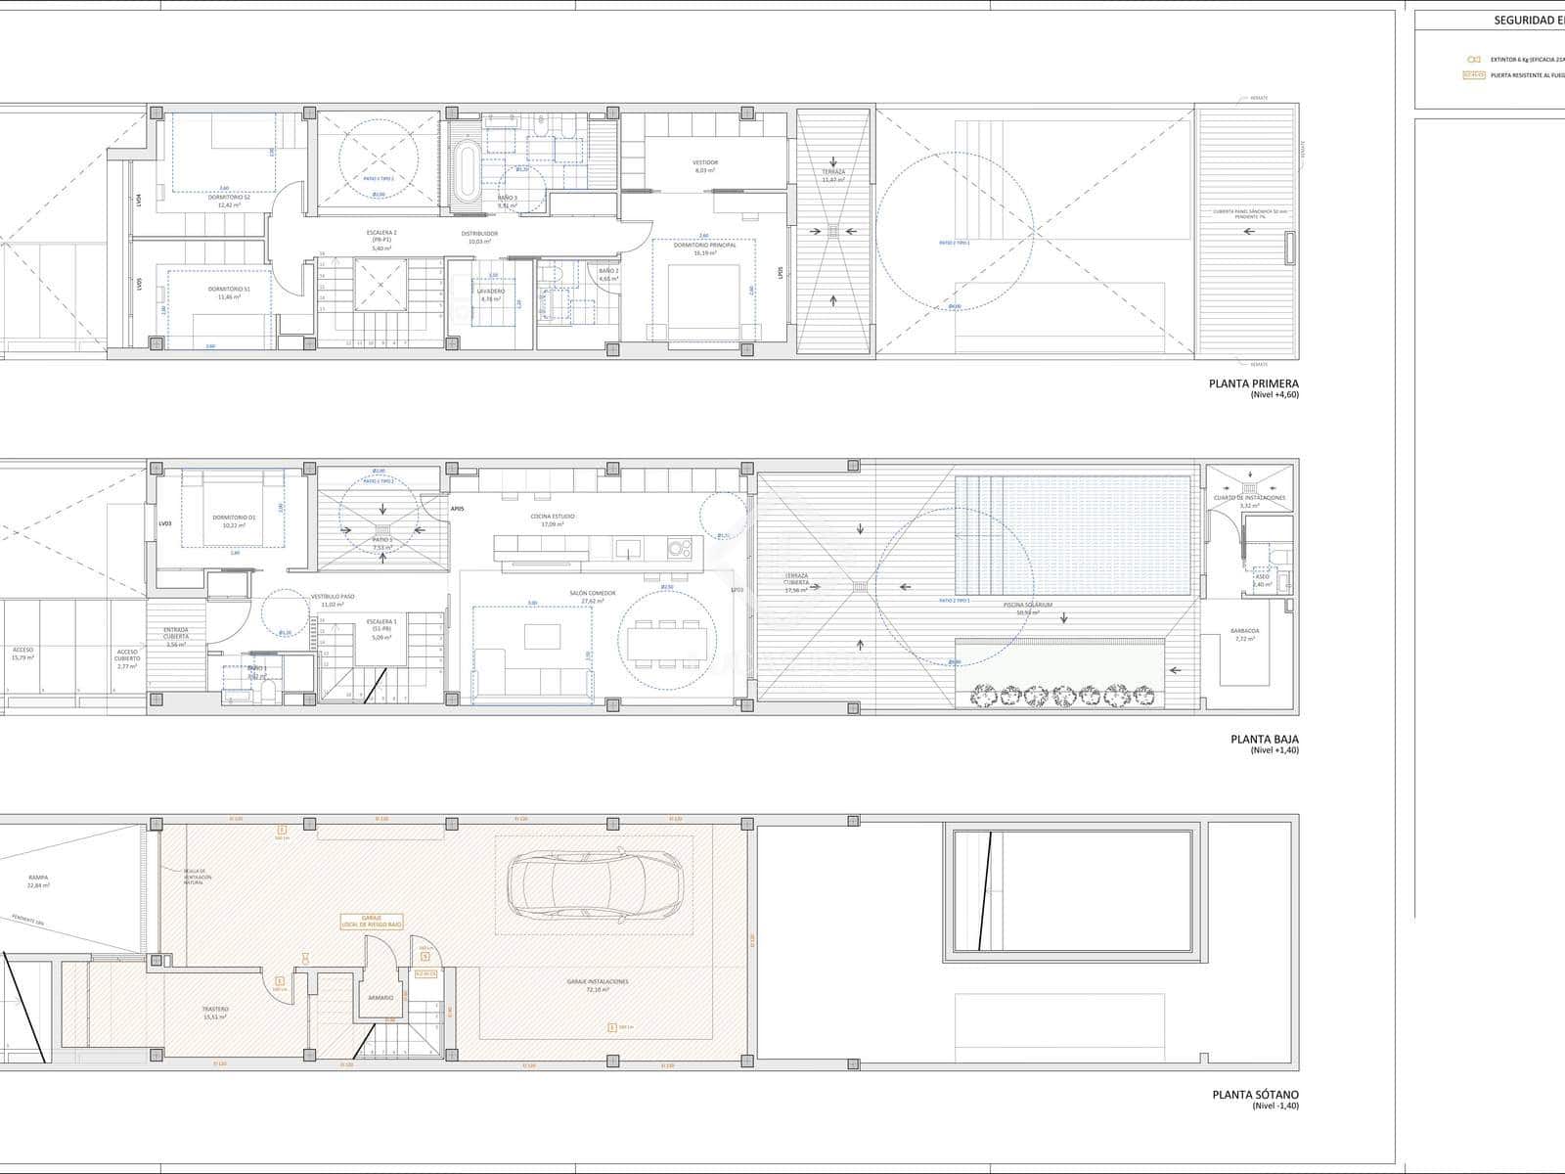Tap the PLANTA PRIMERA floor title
coord(1254,384)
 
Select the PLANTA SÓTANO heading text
coord(1255,1096)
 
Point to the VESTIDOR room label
coord(705,162)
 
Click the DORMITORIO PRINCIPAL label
coord(704,246)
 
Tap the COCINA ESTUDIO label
coord(558,516)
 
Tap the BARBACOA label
coord(1245,631)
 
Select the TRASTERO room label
coord(215,1009)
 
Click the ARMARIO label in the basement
coord(380,997)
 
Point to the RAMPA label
coord(38,878)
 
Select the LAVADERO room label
coord(491,291)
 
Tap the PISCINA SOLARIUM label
coord(1027,605)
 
